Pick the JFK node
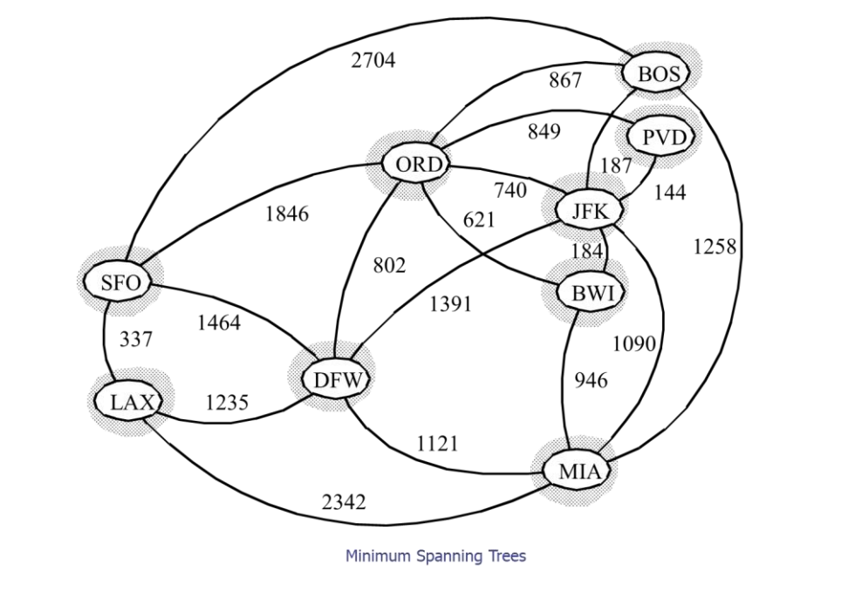(x=595, y=210)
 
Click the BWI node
(x=593, y=294)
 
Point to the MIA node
(x=578, y=472)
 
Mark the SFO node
(x=120, y=282)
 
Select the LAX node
(x=132, y=402)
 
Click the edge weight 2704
(x=373, y=61)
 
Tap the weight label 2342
(x=343, y=502)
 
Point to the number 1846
(x=286, y=214)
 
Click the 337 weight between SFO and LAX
(x=135, y=340)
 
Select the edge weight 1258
(x=715, y=247)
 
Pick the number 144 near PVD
(x=670, y=194)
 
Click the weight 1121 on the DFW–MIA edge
(x=437, y=444)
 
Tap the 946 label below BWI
(x=591, y=381)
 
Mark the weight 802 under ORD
(x=389, y=266)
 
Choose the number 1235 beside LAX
(x=227, y=403)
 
